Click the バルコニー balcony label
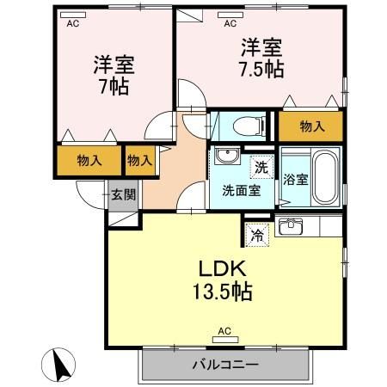224,365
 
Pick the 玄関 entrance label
122,194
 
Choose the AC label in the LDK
224,331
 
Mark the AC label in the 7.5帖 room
230,24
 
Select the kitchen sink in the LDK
291,227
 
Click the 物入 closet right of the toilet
312,126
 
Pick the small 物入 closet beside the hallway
139,160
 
